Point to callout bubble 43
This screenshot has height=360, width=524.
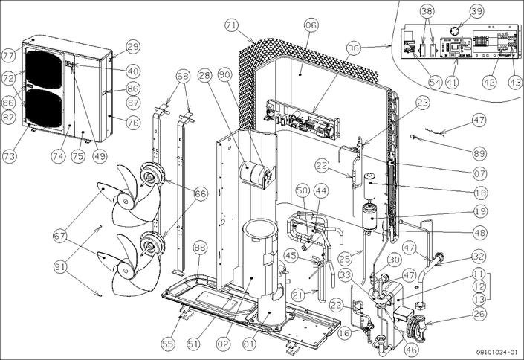click(514, 83)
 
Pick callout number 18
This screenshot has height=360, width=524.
click(479, 192)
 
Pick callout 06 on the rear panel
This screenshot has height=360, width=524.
click(310, 25)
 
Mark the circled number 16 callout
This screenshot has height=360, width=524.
click(343, 334)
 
